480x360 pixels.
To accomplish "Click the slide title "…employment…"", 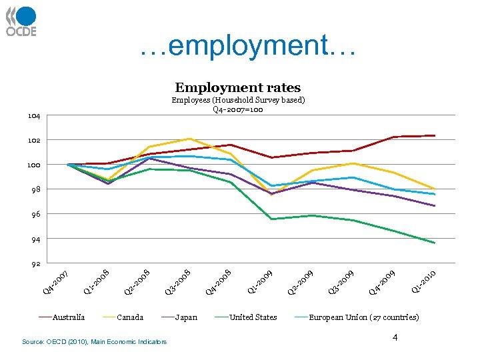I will (x=249, y=46).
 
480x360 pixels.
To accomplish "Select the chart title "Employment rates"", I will (x=237, y=87).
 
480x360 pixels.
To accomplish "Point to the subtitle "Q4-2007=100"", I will (x=238, y=109).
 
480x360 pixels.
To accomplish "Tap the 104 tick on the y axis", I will (x=34, y=116).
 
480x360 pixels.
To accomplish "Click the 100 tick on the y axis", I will (x=34, y=165).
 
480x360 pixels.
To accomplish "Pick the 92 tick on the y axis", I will (x=34, y=264).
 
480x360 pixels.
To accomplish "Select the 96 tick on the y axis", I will (x=34, y=215).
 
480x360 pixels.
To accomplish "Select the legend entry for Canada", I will (x=129, y=317).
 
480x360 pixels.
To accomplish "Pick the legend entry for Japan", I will (x=185, y=317).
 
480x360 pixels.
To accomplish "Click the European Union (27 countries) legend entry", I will (x=363, y=317).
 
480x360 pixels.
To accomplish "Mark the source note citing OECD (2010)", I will (x=94, y=342).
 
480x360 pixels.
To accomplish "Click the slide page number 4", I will (x=395, y=339).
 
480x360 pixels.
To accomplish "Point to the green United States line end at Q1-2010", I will (x=435, y=243).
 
